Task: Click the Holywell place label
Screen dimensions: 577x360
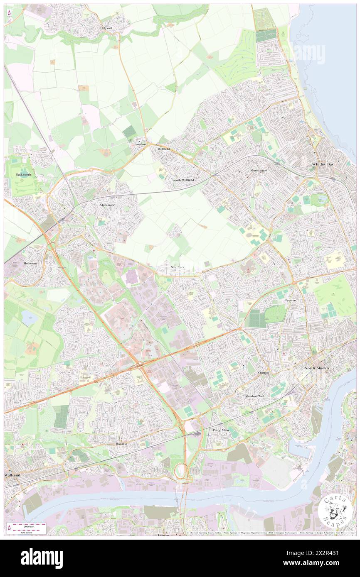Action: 106,28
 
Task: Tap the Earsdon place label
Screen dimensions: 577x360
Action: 140,144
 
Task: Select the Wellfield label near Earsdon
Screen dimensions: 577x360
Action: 163,149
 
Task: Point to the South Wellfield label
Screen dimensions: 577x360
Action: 183,180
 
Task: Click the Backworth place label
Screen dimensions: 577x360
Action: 24,175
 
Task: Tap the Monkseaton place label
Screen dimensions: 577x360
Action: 259,171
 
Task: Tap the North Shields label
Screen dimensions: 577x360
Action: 317,368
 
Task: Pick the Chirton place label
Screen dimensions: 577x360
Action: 263,373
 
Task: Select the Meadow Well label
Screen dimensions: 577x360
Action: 254,396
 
